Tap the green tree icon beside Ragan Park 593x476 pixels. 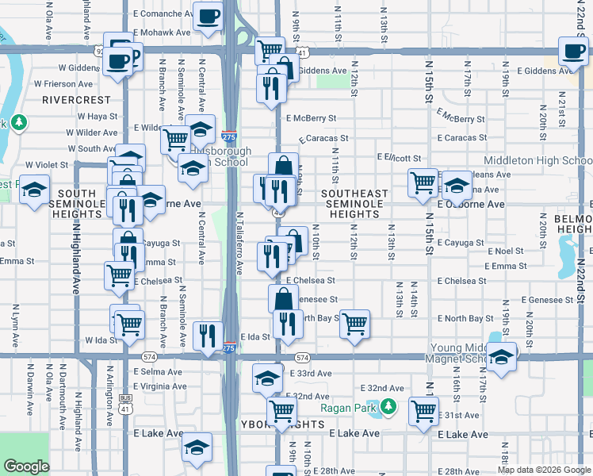[x=388, y=408]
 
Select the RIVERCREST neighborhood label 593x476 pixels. [x=76, y=100]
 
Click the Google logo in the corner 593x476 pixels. [x=26, y=466]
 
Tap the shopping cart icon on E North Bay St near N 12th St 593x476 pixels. [x=355, y=324]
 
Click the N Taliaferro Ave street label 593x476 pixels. [x=239, y=243]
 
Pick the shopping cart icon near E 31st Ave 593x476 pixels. [x=424, y=411]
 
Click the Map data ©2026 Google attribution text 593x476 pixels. [x=543, y=470]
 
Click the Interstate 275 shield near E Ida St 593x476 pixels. [x=228, y=347]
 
